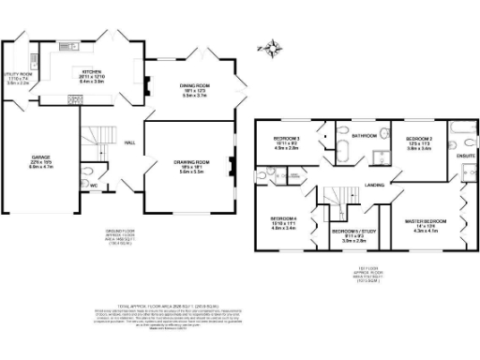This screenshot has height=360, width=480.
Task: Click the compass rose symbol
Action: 273,45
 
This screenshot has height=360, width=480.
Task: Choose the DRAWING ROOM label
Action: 190,162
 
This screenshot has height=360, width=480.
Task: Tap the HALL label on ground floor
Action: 130,142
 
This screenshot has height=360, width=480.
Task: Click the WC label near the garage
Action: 95,185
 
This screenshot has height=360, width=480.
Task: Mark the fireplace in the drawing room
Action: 233,171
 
